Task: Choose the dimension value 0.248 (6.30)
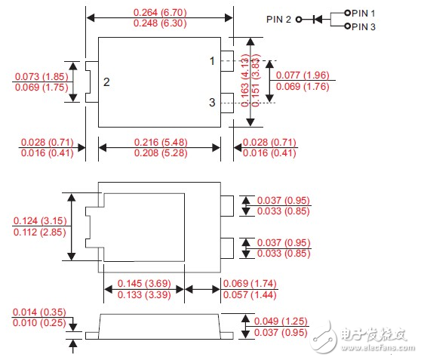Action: [x=156, y=24]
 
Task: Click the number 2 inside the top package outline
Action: [x=106, y=82]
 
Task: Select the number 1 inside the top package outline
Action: [x=213, y=60]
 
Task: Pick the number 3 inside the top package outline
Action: [x=213, y=102]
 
